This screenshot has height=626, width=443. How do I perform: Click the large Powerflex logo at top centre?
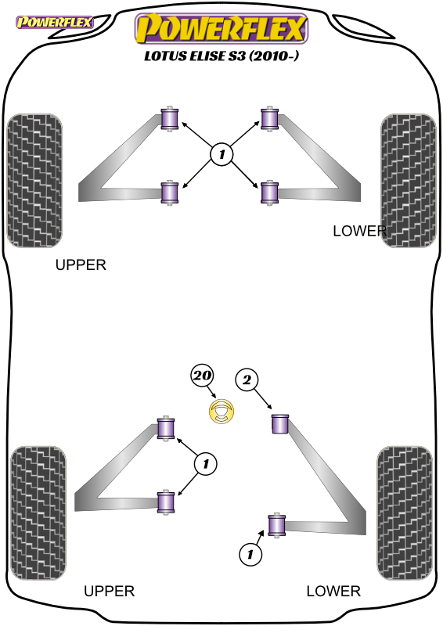click(x=221, y=28)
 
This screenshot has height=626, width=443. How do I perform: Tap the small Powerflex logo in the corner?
click(x=54, y=22)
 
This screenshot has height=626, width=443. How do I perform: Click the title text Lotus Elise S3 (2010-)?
click(x=221, y=56)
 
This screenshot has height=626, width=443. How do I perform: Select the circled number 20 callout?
click(x=202, y=376)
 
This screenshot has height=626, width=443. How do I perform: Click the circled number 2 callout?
click(x=247, y=380)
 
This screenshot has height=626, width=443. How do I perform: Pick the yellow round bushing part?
click(x=221, y=412)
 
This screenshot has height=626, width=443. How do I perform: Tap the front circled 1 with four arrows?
click(x=221, y=154)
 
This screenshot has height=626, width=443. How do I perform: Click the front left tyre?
click(x=34, y=181)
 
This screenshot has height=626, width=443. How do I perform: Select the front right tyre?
click(x=409, y=181)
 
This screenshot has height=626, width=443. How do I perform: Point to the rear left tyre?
click(x=38, y=513)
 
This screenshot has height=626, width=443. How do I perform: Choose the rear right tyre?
click(x=405, y=513)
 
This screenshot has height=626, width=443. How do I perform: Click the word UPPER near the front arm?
click(x=81, y=264)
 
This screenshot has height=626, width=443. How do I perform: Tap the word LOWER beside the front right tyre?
click(x=359, y=231)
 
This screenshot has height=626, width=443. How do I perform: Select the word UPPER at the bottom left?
click(x=109, y=591)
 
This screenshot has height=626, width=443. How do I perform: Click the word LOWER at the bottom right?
click(x=333, y=591)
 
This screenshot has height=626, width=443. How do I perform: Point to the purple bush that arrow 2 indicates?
click(x=280, y=423)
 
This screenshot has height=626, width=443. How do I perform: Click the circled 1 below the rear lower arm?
click(x=250, y=554)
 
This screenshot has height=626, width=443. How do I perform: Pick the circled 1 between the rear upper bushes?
click(x=205, y=464)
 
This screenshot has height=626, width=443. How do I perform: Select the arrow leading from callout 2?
click(x=263, y=399)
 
